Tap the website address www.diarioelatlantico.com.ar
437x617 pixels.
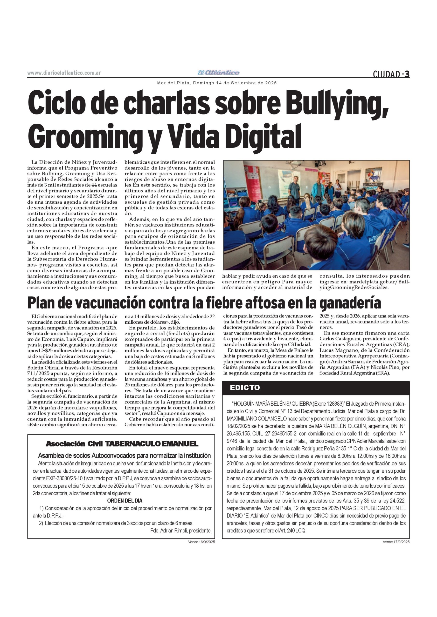click(64, 73)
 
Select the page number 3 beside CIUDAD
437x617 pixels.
click(407, 74)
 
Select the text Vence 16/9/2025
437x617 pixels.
click(201, 542)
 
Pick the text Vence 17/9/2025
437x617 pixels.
click(396, 542)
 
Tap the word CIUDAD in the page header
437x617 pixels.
click(386, 74)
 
